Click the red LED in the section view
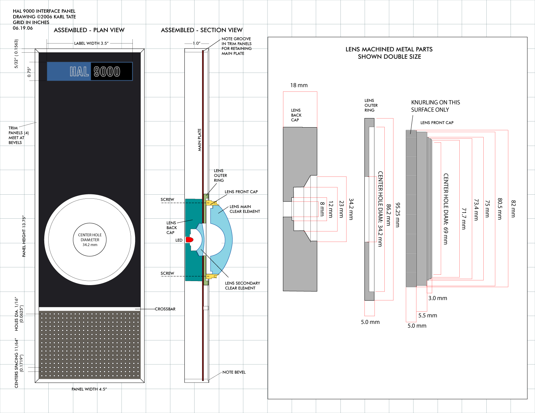[x=189, y=240]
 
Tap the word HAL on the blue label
[x=79, y=72]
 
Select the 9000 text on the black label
[x=107, y=72]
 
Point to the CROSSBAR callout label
[x=165, y=309]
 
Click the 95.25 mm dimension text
[x=398, y=215]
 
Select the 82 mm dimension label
[x=513, y=209]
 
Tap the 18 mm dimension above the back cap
[x=299, y=85]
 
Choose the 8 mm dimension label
[x=322, y=209]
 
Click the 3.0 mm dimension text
[x=437, y=298]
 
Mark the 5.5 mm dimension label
[x=428, y=315]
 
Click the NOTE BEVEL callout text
[x=234, y=372]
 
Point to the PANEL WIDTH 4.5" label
[x=89, y=389]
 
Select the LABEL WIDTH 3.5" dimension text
[x=91, y=43]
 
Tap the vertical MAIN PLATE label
[x=199, y=140]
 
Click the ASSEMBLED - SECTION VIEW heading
[x=202, y=30]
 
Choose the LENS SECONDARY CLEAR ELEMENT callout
[x=243, y=285]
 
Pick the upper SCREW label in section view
[x=167, y=199]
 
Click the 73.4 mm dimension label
[x=476, y=210]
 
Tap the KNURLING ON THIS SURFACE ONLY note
[x=435, y=106]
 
